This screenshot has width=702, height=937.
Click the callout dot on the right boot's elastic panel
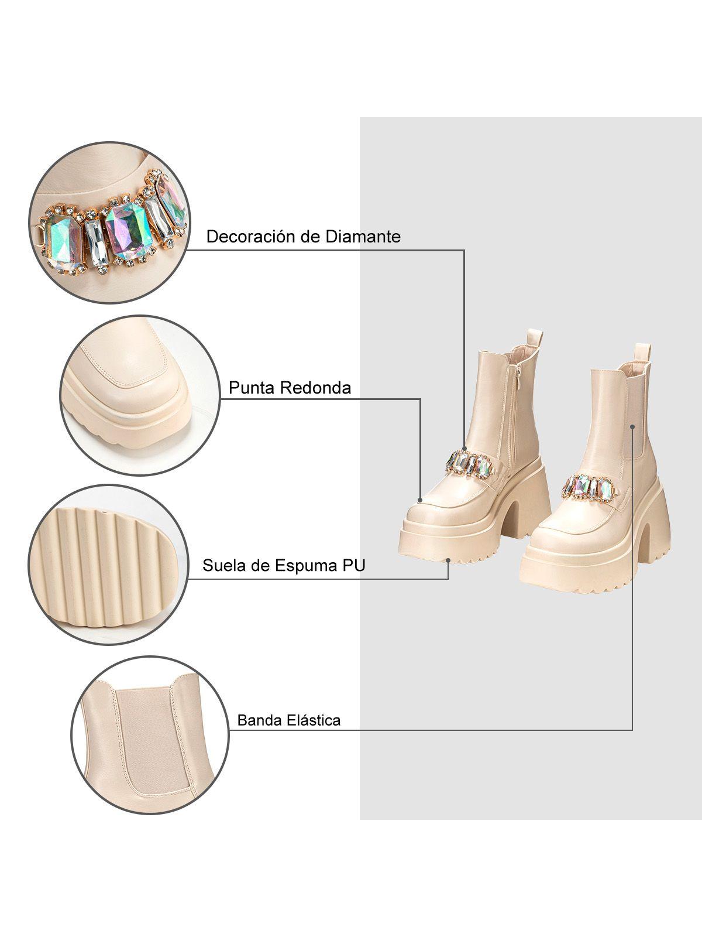[632, 427]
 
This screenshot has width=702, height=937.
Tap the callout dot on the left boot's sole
[448, 560]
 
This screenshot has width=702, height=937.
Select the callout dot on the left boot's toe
[421, 500]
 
